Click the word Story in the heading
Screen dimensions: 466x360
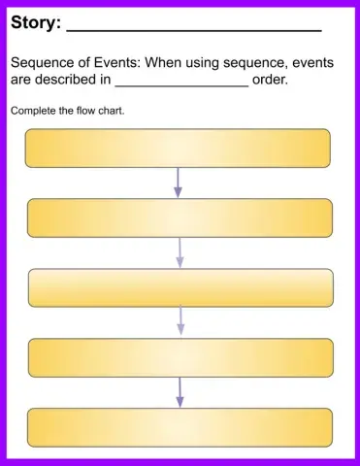point(34,21)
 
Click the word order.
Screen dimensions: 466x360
point(270,80)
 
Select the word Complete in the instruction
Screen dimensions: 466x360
point(32,111)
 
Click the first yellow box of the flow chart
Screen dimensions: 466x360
point(178,149)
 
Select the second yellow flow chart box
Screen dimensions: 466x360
point(180,217)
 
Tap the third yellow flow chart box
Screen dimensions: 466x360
point(180,287)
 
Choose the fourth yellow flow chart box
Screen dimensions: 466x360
point(180,357)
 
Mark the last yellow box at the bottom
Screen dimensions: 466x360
point(180,427)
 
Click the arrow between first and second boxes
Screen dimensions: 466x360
point(178,183)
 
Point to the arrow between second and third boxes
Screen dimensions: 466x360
point(180,252)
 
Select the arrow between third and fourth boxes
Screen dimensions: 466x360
point(180,322)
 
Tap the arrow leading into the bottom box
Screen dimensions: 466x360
point(180,392)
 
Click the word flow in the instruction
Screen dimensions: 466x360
point(84,111)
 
